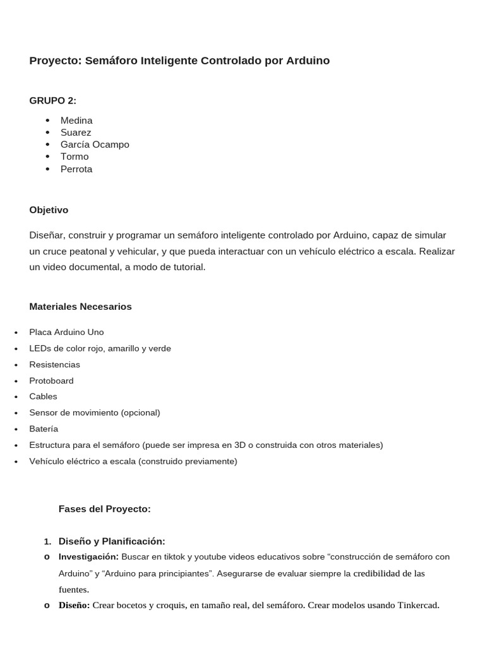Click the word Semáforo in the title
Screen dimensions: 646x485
tap(111, 61)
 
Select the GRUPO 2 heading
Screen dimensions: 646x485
tap(52, 101)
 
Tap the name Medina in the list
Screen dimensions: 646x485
tap(76, 120)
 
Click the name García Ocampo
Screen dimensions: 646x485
tap(95, 144)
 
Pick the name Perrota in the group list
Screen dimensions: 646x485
tap(76, 169)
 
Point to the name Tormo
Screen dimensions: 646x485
tap(75, 156)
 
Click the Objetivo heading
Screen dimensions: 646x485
tap(49, 210)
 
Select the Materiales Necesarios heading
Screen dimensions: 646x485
tap(80, 307)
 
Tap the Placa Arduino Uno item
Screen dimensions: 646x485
tap(66, 332)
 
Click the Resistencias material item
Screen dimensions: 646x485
tap(54, 365)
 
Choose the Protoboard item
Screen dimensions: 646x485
tap(51, 381)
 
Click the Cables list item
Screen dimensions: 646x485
tap(43, 397)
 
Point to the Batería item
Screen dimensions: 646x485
tap(44, 429)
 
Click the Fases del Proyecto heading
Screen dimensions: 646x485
tap(104, 509)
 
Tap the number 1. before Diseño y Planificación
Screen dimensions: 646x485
tap(47, 542)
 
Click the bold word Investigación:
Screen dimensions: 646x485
tap(88, 557)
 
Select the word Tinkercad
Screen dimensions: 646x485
tap(417, 606)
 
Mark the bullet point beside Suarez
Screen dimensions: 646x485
tap(47, 132)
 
